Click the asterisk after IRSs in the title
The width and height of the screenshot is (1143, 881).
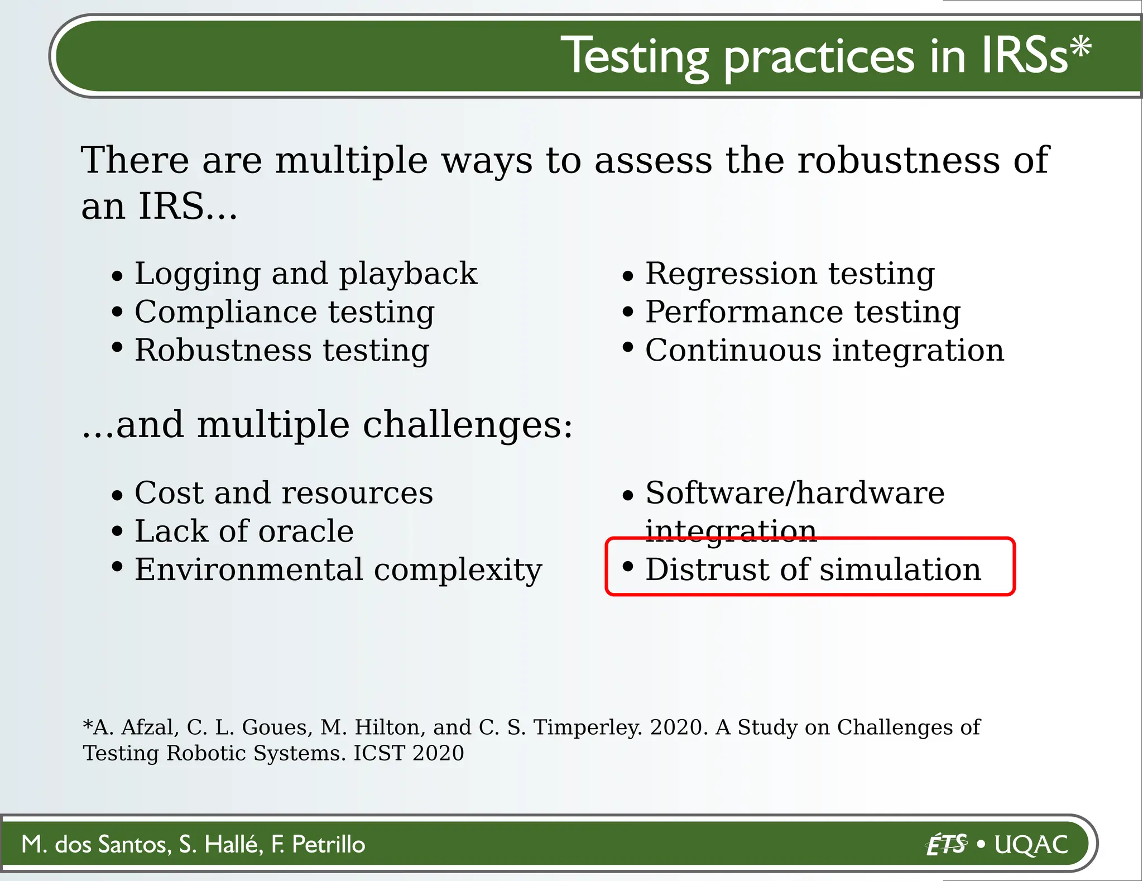pyautogui.click(x=1080, y=47)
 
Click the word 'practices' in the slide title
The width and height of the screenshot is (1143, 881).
pyautogui.click(x=819, y=58)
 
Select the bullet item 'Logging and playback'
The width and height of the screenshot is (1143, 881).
pyautogui.click(x=305, y=274)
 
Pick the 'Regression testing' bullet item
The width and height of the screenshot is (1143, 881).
pyautogui.click(x=790, y=274)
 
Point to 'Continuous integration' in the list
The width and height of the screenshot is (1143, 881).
pyautogui.click(x=824, y=350)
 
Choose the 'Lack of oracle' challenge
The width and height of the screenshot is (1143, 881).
pyautogui.click(x=244, y=531)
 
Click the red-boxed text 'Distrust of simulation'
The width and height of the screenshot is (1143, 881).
pyautogui.click(x=813, y=569)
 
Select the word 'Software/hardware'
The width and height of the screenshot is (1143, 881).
pyautogui.click(x=795, y=493)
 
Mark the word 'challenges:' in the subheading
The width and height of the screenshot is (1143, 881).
pyautogui.click(x=468, y=425)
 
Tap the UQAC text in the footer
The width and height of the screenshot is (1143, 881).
pyautogui.click(x=1031, y=844)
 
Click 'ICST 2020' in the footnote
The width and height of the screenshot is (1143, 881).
pyautogui.click(x=409, y=753)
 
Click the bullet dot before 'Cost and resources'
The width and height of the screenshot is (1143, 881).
pyautogui.click(x=117, y=495)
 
